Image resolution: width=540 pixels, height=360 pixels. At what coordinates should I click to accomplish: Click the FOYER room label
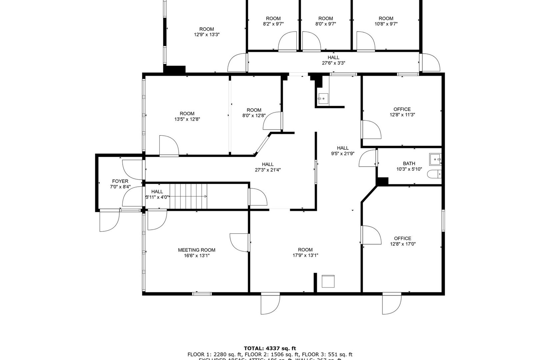point(120,181)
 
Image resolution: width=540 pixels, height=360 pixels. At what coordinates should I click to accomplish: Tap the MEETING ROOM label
point(196,250)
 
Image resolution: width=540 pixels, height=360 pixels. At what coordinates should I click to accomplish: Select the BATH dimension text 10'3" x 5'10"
point(409,169)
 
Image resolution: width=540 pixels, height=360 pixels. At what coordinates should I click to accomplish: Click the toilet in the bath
point(435,174)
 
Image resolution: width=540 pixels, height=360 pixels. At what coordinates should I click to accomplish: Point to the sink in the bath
point(435,160)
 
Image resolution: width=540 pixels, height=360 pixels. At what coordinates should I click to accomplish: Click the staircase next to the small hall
point(188,197)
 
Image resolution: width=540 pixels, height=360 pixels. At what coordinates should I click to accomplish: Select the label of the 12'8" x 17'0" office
point(402,238)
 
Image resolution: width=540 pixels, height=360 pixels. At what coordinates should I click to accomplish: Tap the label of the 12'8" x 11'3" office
point(402,109)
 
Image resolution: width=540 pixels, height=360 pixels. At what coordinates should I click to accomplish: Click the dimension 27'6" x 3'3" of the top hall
point(333,63)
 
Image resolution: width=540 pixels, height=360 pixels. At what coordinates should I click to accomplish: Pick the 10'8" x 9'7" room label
point(386,19)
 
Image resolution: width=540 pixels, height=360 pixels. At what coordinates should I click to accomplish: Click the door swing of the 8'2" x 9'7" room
point(287,41)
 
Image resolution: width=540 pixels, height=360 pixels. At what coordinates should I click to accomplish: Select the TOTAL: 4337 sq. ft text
point(270,349)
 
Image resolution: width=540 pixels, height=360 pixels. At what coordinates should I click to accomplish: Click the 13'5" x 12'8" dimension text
point(187,119)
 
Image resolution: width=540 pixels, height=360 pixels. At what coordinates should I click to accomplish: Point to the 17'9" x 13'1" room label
point(305,250)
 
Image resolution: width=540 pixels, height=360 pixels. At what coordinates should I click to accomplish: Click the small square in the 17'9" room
point(328,281)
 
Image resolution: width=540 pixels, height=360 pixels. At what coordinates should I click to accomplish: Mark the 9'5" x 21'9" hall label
point(342,148)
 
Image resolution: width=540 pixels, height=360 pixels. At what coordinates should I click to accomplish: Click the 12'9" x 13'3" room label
point(207,29)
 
